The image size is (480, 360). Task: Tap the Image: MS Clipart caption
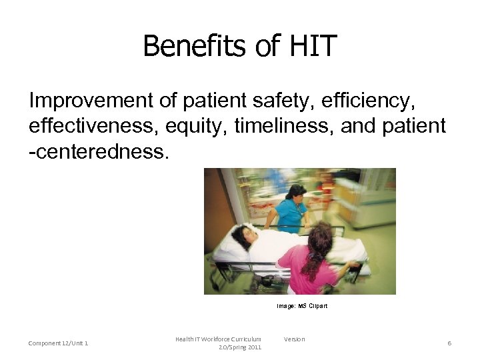(302, 306)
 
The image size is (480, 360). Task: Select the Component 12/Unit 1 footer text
(59, 343)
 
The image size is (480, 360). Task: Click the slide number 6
(449, 343)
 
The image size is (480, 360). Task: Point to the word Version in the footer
(294, 339)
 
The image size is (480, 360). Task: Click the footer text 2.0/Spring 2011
(240, 347)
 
